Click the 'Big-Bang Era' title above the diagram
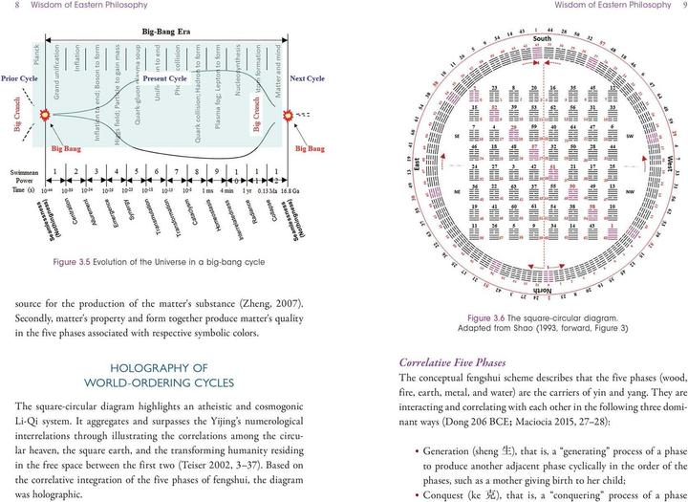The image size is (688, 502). point(168,32)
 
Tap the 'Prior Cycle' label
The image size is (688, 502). point(19,77)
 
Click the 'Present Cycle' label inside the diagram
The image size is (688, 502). point(163,77)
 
